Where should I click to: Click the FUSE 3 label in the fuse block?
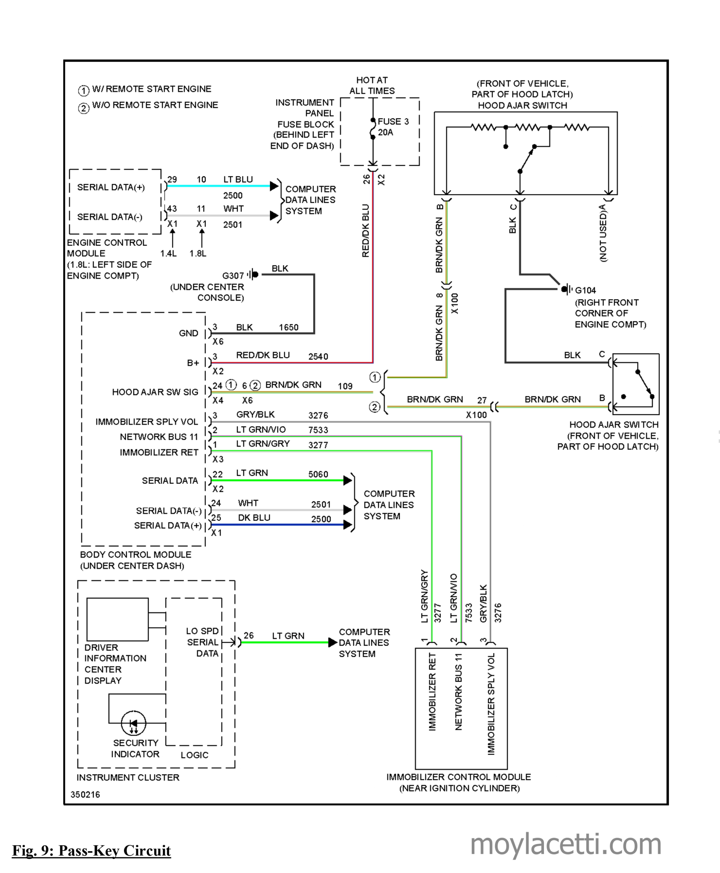pos(393,121)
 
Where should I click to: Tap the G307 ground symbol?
pos(253,275)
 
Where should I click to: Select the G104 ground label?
pos(585,290)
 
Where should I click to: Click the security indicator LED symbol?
pos(134,723)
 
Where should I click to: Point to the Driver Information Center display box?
pos(117,620)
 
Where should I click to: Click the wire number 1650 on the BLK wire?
pos(289,327)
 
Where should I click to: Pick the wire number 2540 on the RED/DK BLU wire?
pos(318,357)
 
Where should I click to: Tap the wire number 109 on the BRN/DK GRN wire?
pos(345,386)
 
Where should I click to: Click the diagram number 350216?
pos(85,795)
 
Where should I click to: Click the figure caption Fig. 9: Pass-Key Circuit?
pos(91,850)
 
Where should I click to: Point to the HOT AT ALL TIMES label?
pos(372,86)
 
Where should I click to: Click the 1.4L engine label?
pos(169,253)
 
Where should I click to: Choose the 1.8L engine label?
pos(198,253)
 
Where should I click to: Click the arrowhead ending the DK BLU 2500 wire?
pos(348,524)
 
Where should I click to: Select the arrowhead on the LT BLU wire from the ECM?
pos(274,186)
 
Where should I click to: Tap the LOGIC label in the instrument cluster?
pos(194,755)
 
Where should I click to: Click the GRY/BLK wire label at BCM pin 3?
pos(255,414)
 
